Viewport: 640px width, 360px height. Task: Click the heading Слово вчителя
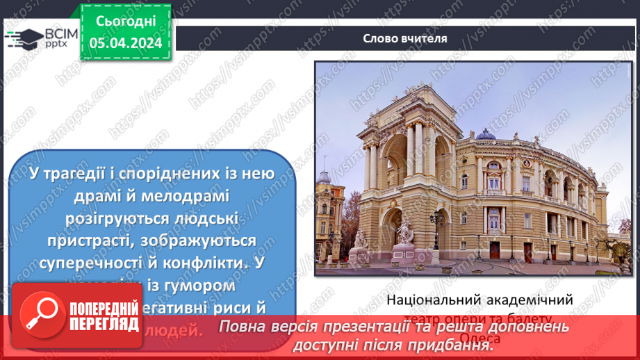tap(404, 38)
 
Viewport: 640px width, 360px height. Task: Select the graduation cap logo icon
tap(23, 38)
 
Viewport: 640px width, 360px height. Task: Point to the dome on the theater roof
tap(485, 133)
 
